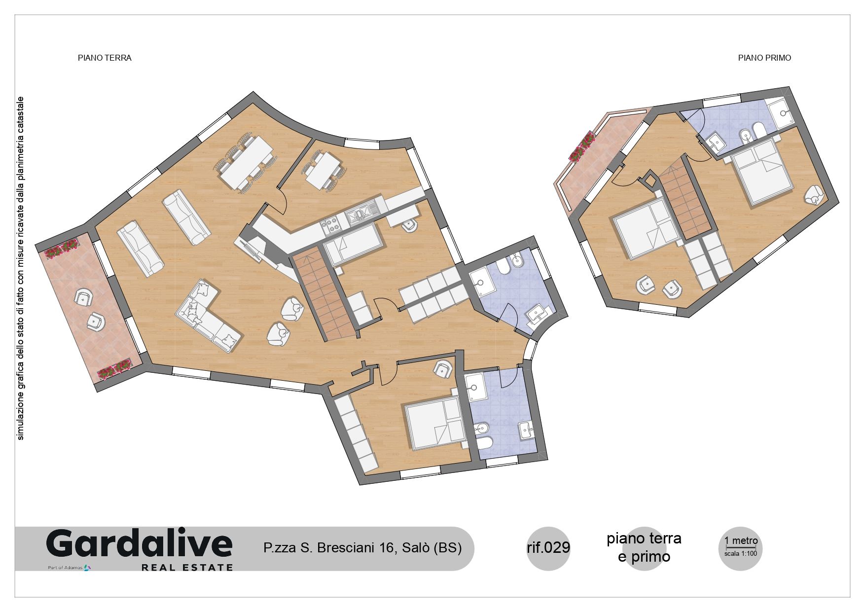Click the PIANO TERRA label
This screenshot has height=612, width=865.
coord(105,58)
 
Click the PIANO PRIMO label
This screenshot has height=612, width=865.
coord(764,58)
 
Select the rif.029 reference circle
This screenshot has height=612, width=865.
coord(549,548)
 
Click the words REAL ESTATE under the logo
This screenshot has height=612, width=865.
coord(187,568)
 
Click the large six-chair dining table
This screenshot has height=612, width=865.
coord(246,162)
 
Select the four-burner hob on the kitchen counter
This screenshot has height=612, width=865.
coord(330,225)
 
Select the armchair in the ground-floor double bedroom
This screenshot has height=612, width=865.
coord(442,369)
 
